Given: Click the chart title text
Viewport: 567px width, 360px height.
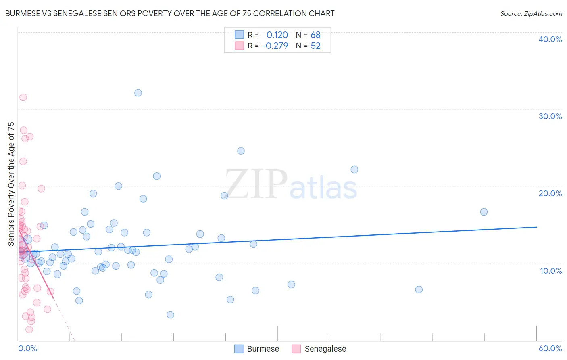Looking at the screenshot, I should point(169,13).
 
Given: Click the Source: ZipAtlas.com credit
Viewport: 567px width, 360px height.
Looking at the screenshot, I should point(531,13).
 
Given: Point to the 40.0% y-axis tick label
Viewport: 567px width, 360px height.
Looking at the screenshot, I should point(550,39).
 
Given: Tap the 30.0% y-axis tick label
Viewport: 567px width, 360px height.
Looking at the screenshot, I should point(550,116).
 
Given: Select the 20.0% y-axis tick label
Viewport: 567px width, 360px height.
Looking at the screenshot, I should point(550,193).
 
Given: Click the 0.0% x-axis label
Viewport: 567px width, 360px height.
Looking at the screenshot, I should point(27,348).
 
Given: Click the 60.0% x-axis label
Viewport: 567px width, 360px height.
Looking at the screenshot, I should point(550,348).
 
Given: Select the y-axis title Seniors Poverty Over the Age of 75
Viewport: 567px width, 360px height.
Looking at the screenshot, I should point(11,184).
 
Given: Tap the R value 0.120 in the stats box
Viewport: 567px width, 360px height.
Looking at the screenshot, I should point(277,35).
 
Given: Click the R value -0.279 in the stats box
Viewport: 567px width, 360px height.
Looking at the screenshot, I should point(275,46).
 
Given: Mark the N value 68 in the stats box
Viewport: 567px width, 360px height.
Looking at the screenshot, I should point(315,35).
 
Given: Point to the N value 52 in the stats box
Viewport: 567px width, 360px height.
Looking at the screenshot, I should point(315,46).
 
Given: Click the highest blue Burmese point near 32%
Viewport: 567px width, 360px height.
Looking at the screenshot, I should point(138,93).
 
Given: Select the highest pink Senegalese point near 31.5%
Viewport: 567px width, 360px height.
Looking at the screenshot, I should point(23,97).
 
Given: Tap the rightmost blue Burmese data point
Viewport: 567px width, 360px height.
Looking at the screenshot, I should point(484,212).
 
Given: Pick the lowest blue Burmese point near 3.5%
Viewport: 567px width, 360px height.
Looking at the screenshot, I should point(170,315).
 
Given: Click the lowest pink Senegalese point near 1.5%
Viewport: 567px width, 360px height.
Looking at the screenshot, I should point(29,329).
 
